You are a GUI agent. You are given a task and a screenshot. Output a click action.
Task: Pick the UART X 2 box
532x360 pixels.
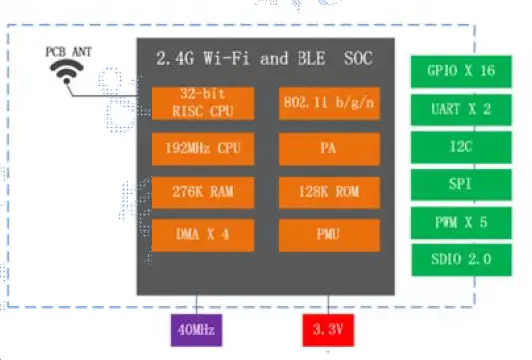459,110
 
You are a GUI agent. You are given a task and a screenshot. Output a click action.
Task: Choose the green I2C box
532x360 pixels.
459,147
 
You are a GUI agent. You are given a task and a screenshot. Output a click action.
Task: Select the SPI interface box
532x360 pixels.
459,184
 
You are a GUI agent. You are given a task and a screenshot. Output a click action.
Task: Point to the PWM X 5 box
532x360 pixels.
459,221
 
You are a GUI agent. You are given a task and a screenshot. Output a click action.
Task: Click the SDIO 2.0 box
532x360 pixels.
459,258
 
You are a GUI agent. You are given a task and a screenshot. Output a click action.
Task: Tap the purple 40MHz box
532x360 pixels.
195,328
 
